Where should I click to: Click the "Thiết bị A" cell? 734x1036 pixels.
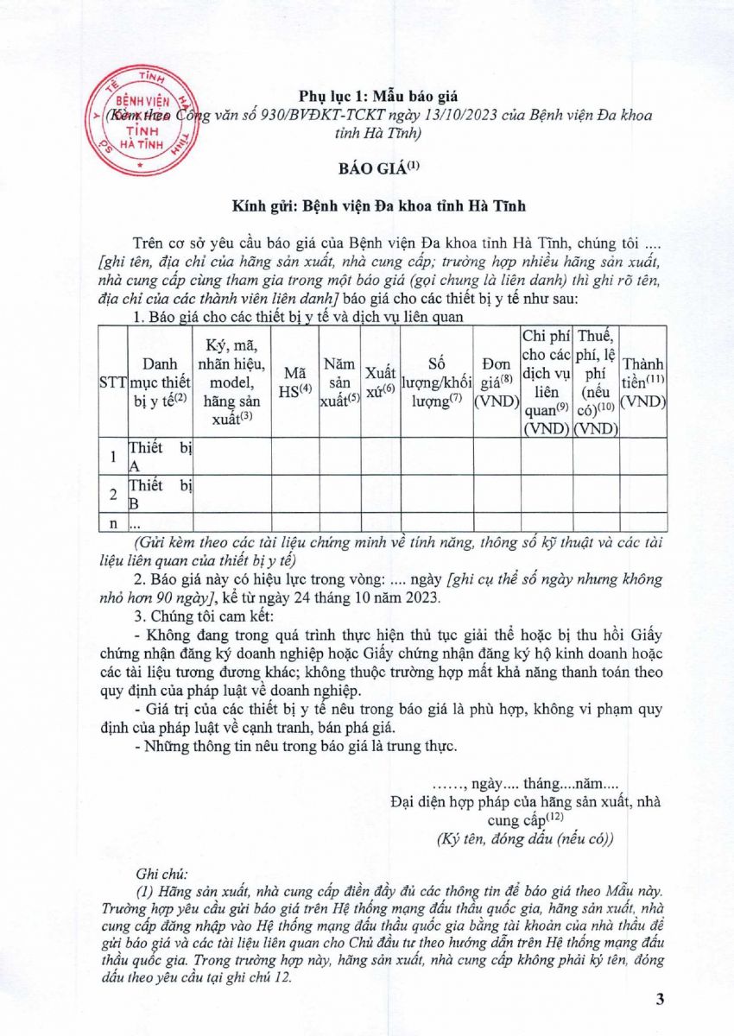coord(160,457)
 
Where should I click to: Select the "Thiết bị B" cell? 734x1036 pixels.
coord(160,494)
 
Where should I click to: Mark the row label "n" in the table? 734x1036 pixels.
coord(114,522)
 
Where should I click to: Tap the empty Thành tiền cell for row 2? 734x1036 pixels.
coord(643,494)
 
